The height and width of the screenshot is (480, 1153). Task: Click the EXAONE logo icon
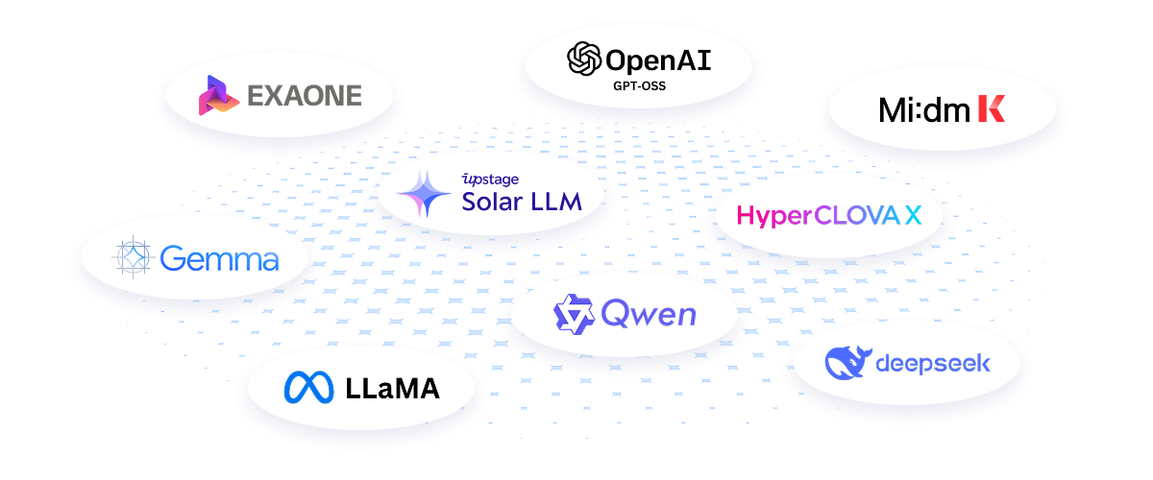click(218, 95)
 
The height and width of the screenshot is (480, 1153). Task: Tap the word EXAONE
click(305, 96)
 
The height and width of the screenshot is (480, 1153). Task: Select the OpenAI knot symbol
click(584, 60)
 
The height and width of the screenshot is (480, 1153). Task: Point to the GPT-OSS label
click(639, 86)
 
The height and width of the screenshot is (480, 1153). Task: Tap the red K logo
click(991, 109)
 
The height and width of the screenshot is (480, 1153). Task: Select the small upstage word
click(491, 179)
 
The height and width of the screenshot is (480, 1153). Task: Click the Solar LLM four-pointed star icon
click(425, 194)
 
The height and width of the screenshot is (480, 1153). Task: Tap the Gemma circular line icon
click(134, 257)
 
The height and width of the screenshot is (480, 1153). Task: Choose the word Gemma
click(220, 258)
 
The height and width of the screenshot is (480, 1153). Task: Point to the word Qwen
click(649, 313)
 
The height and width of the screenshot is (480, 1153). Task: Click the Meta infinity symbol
click(309, 387)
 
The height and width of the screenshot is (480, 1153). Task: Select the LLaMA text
click(392, 388)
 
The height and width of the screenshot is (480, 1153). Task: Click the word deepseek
click(933, 364)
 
